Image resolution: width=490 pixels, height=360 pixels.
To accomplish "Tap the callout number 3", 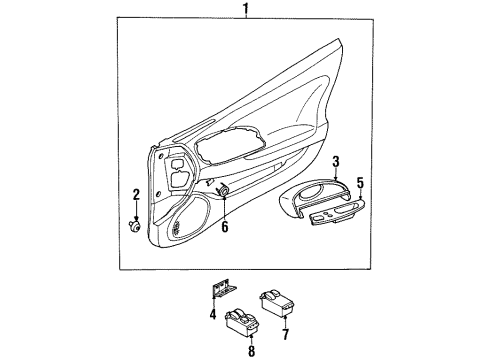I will click(x=337, y=161).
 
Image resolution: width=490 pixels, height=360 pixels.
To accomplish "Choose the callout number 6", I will click(x=225, y=227).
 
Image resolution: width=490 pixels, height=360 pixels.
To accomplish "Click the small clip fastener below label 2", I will click(x=135, y=226).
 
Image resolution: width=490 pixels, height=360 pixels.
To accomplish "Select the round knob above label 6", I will click(x=223, y=192).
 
